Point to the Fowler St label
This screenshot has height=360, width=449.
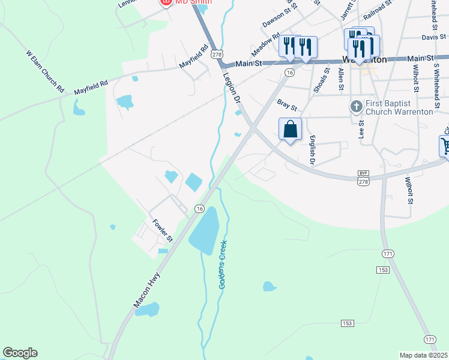point(162,230)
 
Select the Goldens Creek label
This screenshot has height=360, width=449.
point(223,265)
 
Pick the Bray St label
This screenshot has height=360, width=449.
point(287,105)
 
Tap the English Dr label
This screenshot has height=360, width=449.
point(312,150)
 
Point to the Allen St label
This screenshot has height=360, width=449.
point(340,79)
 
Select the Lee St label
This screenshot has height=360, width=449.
point(361,129)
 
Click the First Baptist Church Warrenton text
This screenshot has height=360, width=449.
point(399,107)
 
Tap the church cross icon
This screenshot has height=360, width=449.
point(356,107)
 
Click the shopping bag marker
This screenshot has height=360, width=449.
point(290,129)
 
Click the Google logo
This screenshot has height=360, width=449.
point(20,353)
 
